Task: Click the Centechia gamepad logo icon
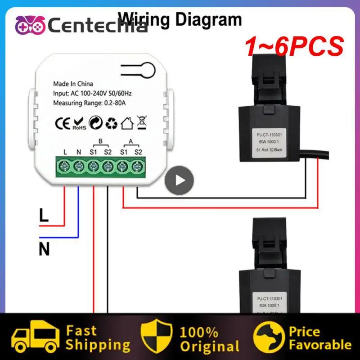(x=30, y=26)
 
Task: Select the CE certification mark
(x=62, y=123)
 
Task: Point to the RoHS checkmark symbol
(x=78, y=123)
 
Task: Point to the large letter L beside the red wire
(x=44, y=215)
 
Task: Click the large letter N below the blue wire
(x=44, y=248)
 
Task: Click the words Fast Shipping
(x=97, y=338)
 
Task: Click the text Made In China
(x=73, y=84)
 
